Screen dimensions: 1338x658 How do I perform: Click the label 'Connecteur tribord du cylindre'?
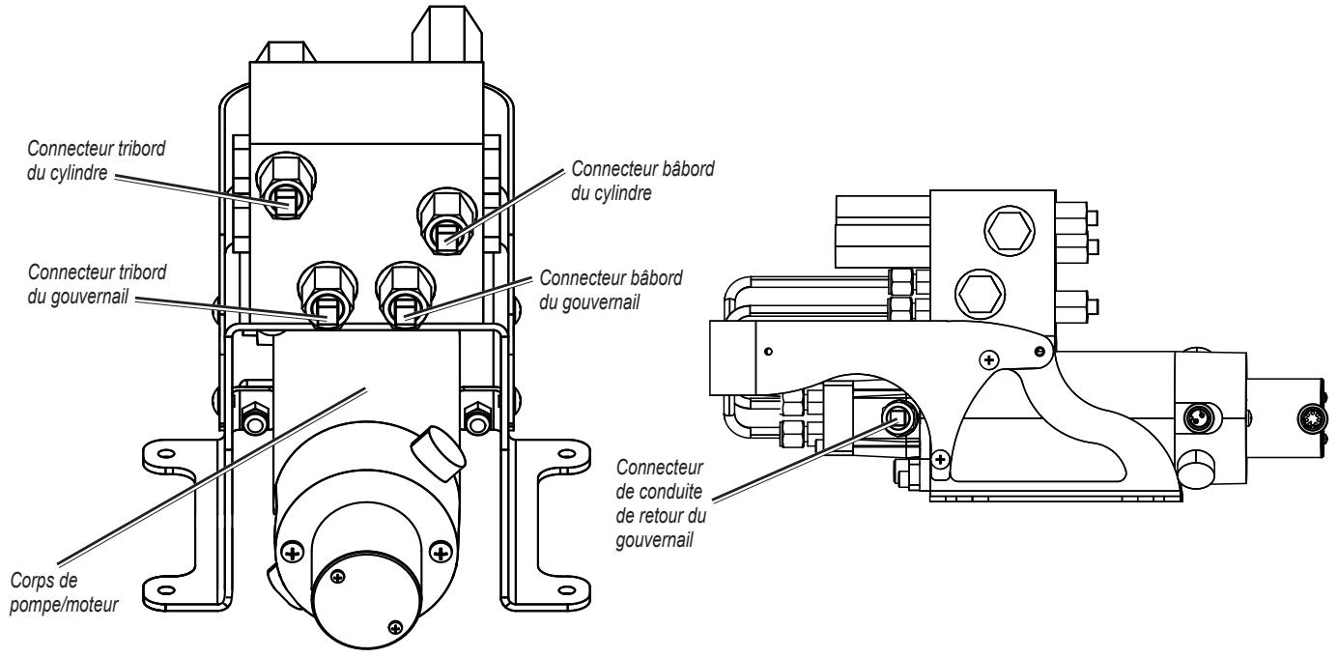point(97,160)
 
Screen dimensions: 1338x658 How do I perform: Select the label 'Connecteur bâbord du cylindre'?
point(642,181)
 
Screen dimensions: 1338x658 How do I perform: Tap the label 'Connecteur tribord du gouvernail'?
point(98,284)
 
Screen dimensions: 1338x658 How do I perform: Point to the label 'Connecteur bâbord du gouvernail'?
point(611,290)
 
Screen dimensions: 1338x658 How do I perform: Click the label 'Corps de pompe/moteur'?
point(64,592)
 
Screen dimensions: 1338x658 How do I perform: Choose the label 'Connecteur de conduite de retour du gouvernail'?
point(661,503)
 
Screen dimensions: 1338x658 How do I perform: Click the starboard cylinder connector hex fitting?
point(286,186)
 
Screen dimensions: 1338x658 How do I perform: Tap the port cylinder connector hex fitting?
point(446,220)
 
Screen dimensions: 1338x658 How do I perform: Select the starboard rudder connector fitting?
point(327,295)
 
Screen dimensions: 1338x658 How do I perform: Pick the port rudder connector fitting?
point(406,295)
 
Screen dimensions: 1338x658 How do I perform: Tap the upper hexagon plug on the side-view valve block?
point(1009,231)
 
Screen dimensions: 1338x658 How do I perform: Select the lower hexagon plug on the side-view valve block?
point(980,294)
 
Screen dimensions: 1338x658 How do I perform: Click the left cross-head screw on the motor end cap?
point(292,553)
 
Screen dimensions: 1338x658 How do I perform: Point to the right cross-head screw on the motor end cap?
point(441,553)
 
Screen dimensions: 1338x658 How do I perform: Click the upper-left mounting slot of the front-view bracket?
point(167,453)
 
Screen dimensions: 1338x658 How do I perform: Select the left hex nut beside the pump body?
point(254,418)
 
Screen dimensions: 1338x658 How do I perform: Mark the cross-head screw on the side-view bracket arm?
point(989,359)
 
